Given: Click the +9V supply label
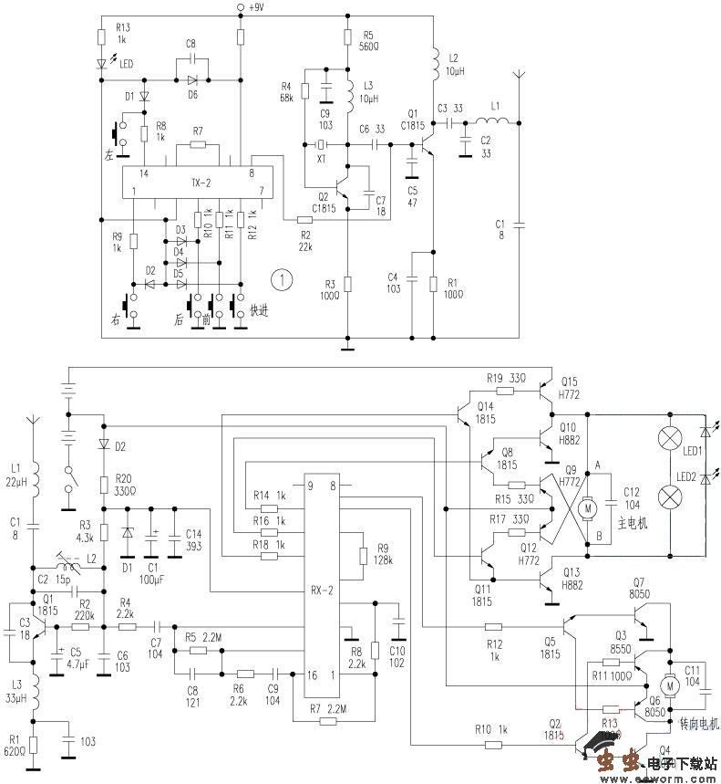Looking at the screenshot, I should (x=255, y=7).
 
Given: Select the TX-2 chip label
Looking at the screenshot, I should (x=201, y=183).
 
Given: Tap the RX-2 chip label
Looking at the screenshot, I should (x=324, y=590).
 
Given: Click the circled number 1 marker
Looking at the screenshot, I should (x=285, y=278).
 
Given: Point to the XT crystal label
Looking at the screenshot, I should (x=320, y=158).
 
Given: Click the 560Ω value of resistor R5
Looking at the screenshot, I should (x=369, y=46).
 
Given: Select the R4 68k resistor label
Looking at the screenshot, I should (x=286, y=91).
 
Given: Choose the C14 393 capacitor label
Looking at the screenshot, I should (x=194, y=540).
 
